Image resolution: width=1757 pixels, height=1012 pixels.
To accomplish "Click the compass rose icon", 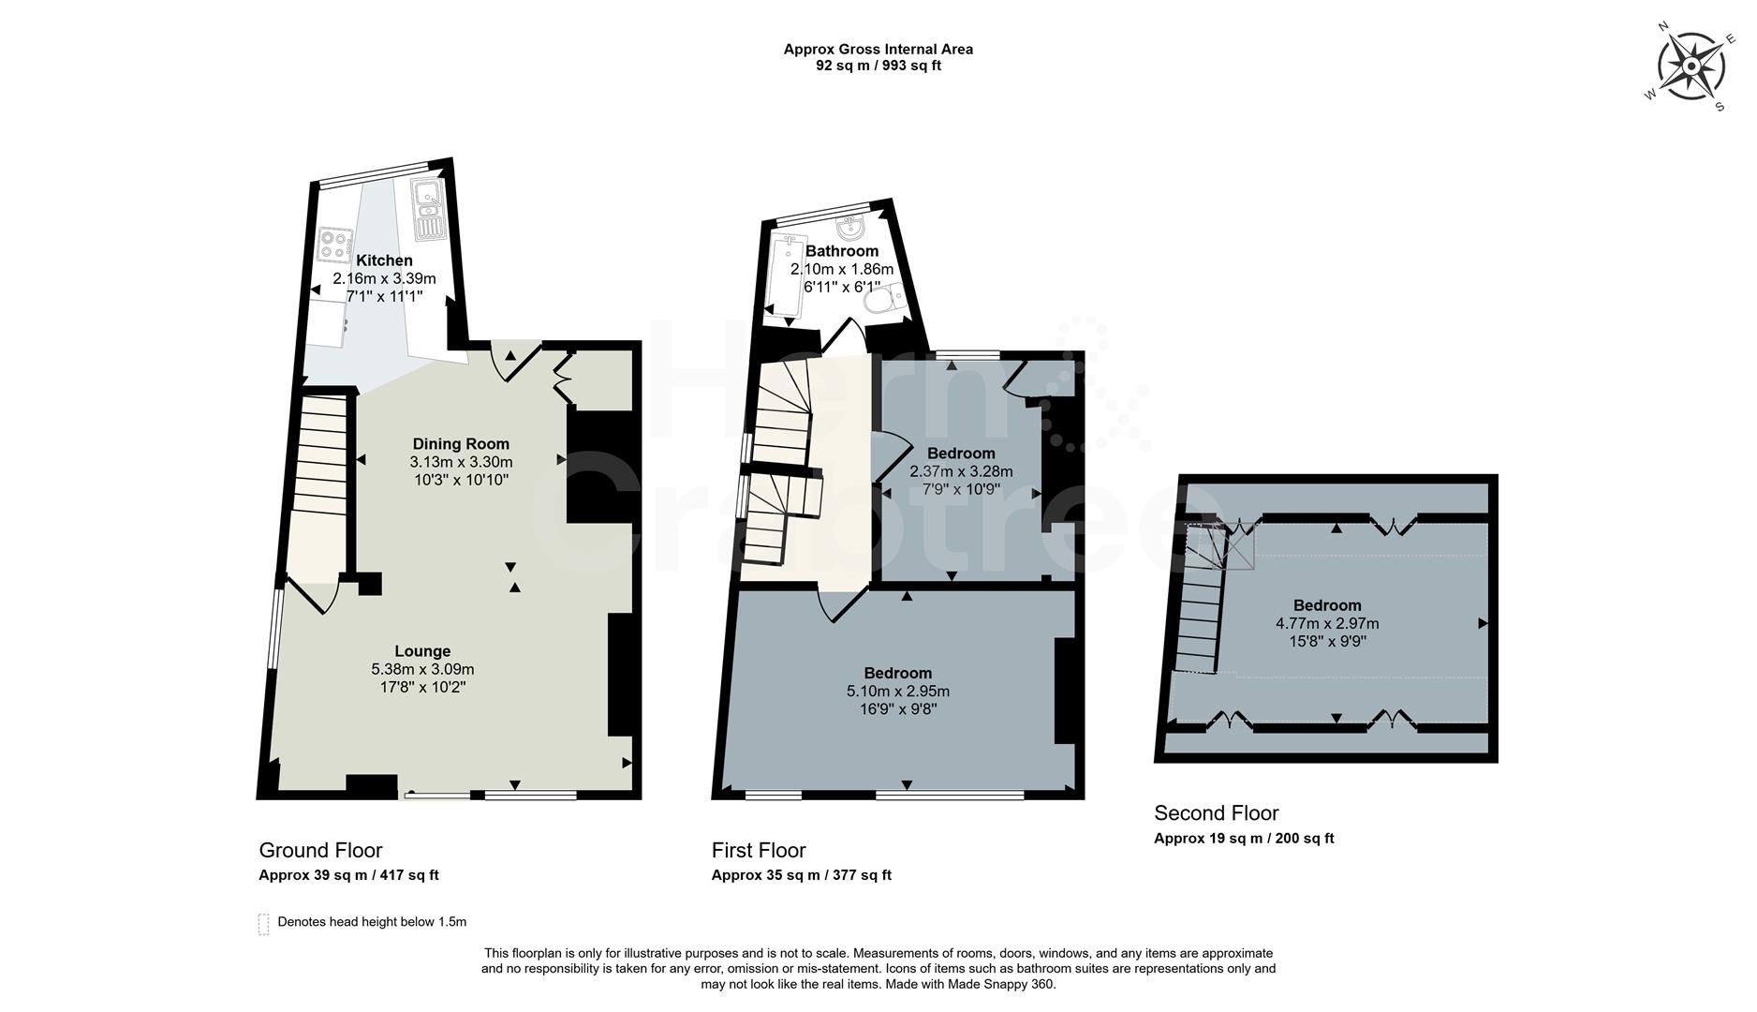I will click(x=1691, y=67).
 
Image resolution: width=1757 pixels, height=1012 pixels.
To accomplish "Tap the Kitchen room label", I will click(x=384, y=260).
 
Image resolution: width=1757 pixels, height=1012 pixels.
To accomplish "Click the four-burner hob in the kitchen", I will click(x=333, y=246).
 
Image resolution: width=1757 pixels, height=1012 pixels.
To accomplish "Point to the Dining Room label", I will click(x=461, y=444).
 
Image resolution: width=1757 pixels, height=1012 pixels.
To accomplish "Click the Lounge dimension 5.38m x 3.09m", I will click(x=422, y=669).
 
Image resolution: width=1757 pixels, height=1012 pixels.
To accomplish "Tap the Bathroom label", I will click(x=842, y=251).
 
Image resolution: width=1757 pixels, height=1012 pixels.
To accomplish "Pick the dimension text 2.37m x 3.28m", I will click(x=961, y=471).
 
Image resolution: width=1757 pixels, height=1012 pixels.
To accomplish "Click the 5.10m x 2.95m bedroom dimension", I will click(x=898, y=692).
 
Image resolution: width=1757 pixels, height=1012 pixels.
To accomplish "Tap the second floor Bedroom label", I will click(x=1327, y=605).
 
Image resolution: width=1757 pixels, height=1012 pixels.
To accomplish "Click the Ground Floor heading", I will click(x=320, y=851).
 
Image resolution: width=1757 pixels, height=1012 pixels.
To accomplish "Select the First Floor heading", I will click(x=759, y=851).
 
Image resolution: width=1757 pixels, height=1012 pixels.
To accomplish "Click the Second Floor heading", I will click(x=1216, y=813).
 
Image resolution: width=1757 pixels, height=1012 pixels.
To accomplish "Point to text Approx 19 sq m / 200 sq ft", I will click(x=1244, y=839).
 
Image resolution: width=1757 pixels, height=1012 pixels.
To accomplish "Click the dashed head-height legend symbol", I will click(x=263, y=924).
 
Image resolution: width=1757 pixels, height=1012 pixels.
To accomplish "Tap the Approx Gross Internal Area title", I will click(x=878, y=50).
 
